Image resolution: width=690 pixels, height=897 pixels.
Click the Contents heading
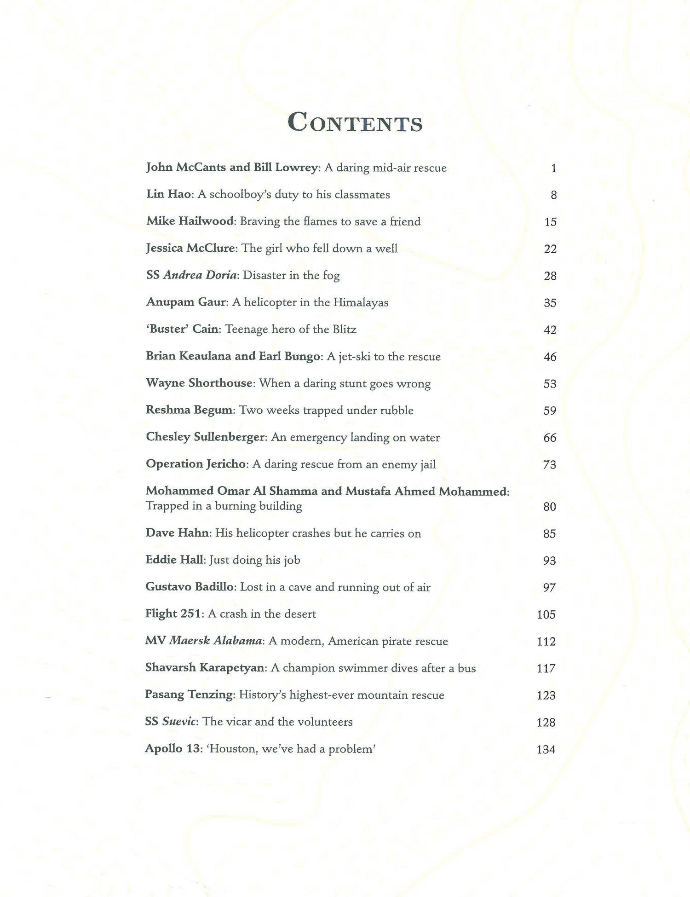click(355, 123)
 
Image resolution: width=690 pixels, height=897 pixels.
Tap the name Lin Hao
click(169, 195)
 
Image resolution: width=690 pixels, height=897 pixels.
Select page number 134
click(546, 749)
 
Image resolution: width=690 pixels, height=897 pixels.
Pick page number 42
click(550, 330)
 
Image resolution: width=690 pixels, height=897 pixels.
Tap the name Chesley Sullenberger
click(206, 437)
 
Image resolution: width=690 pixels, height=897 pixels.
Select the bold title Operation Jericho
click(197, 464)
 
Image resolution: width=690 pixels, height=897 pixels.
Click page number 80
click(549, 507)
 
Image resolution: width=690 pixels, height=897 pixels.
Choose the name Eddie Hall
click(174, 560)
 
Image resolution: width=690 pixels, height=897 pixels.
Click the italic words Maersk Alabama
click(215, 641)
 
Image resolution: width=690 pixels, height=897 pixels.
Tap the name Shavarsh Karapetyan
click(205, 668)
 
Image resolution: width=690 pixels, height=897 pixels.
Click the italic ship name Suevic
click(179, 722)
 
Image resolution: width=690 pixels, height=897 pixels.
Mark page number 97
click(549, 588)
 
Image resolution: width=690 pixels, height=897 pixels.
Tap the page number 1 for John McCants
click(554, 168)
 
